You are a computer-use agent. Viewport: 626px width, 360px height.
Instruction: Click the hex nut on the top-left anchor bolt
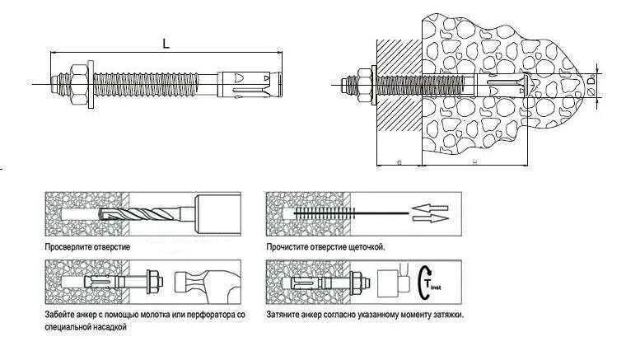(x=74, y=82)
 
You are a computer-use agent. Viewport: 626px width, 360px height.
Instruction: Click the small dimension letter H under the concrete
(x=476, y=164)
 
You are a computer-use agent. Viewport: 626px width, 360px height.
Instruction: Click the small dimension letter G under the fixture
(x=399, y=164)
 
